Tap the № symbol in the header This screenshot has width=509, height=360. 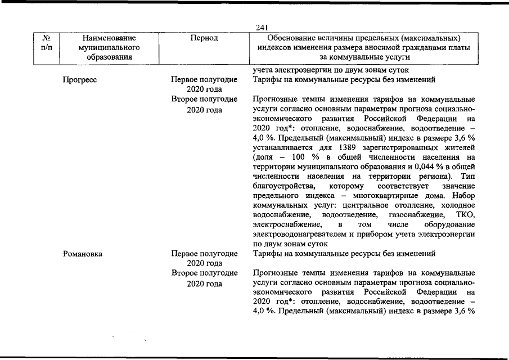coord(47,38)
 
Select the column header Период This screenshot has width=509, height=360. coord(204,38)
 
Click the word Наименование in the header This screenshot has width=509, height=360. coord(109,38)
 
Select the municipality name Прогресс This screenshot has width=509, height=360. coord(80,80)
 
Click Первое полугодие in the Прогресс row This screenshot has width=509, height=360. coord(204,80)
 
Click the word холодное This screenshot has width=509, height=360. coord(459,205)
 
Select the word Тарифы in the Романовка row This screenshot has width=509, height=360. coord(268,254)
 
